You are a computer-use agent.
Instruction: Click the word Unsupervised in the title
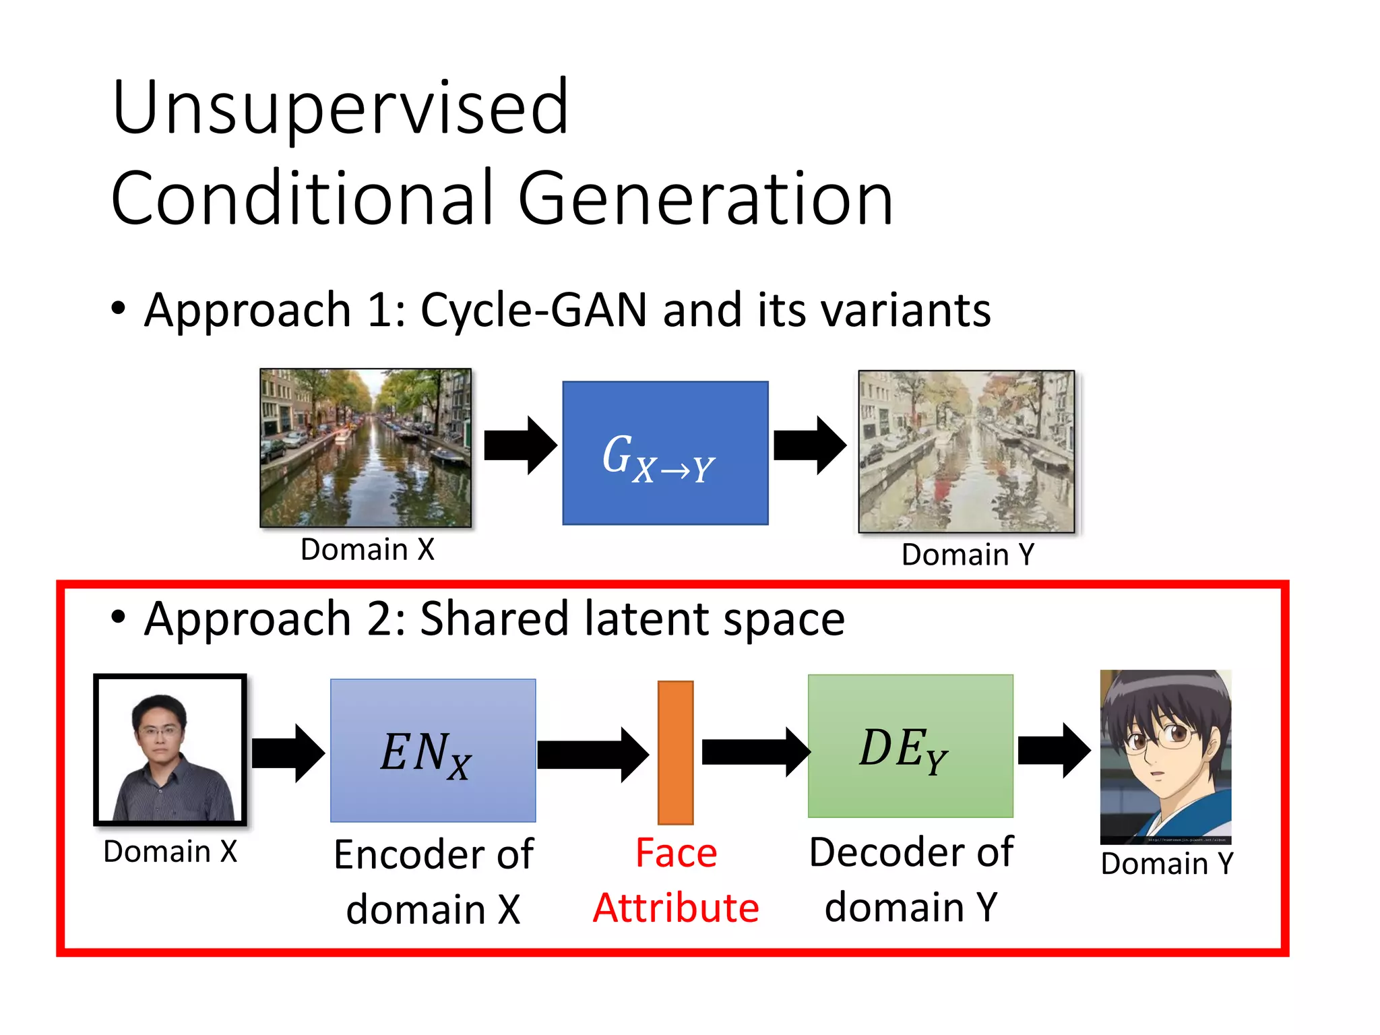click(340, 108)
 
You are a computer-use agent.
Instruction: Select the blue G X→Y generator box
click(665, 453)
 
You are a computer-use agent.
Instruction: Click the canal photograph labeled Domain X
click(365, 447)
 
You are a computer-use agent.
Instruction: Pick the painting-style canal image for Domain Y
click(966, 451)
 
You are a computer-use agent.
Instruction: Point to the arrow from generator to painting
click(809, 445)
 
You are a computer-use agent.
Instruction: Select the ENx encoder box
click(433, 750)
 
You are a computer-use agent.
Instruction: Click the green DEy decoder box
click(910, 746)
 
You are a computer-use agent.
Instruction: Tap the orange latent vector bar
click(675, 752)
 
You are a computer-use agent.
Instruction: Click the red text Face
click(676, 853)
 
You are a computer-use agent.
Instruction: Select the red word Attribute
click(676, 908)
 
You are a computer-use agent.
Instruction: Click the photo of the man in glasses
click(170, 750)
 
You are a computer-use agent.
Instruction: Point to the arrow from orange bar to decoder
click(755, 752)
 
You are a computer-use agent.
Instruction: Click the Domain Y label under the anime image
click(1166, 864)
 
